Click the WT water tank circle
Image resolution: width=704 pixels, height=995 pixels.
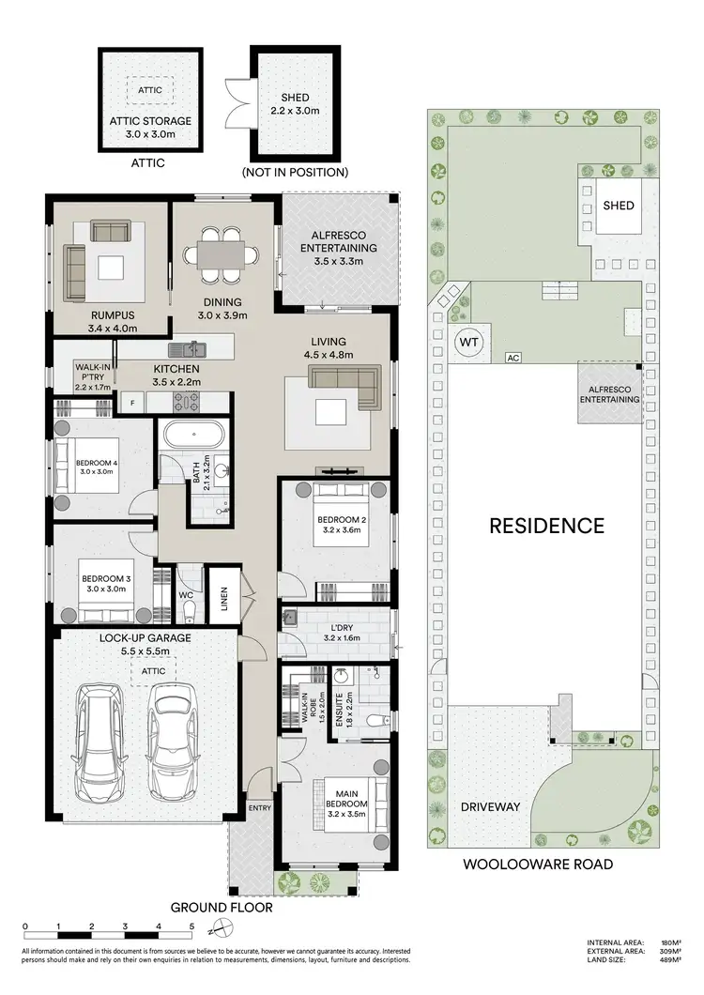469,343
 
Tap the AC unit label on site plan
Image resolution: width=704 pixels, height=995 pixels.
513,358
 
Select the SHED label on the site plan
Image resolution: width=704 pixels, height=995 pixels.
618,206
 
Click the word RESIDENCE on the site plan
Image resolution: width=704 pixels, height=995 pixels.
546,526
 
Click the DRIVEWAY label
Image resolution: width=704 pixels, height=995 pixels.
489,807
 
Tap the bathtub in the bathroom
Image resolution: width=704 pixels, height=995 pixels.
193,436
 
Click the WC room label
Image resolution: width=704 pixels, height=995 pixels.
186,593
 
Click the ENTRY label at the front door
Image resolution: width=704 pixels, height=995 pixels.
259,807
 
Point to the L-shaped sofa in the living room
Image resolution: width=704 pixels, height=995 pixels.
344,385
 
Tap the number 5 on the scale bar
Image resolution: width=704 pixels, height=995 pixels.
191,926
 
